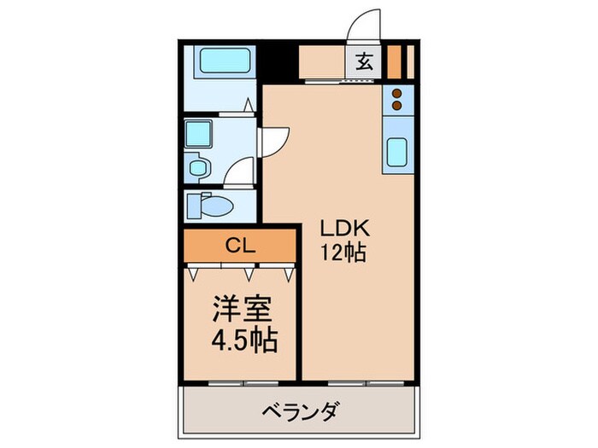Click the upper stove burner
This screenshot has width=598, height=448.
pyautogui.click(x=398, y=93)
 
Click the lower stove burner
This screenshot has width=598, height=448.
pyautogui.click(x=398, y=107)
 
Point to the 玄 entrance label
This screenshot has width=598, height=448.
pyautogui.click(x=364, y=62)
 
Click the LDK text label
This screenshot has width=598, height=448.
pyautogui.click(x=343, y=229)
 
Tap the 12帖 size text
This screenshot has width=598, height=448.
pyautogui.click(x=343, y=253)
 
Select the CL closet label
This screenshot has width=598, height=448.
pyautogui.click(x=240, y=246)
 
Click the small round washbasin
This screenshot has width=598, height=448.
pyautogui.click(x=198, y=166)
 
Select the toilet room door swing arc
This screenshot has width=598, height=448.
pyautogui.click(x=241, y=171)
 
